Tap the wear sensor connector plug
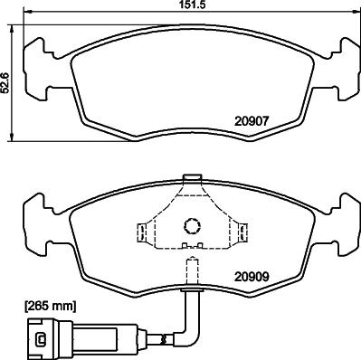pyautogui.click(x=41, y=341)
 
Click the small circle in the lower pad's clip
pyautogui.click(x=191, y=227)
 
